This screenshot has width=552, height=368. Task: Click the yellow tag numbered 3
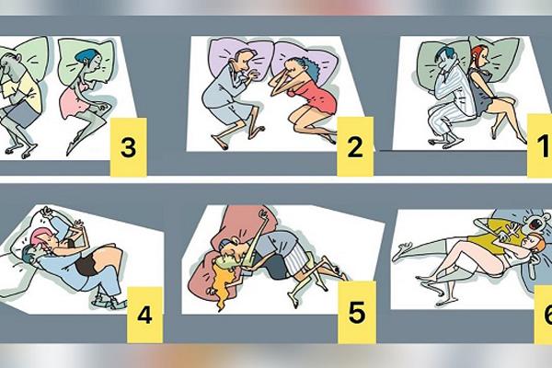128,147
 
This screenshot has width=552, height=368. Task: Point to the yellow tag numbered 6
542,313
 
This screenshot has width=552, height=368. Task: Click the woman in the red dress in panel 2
308,97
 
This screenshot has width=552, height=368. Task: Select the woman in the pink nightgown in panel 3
77,92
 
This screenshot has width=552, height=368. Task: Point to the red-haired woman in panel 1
488,87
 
